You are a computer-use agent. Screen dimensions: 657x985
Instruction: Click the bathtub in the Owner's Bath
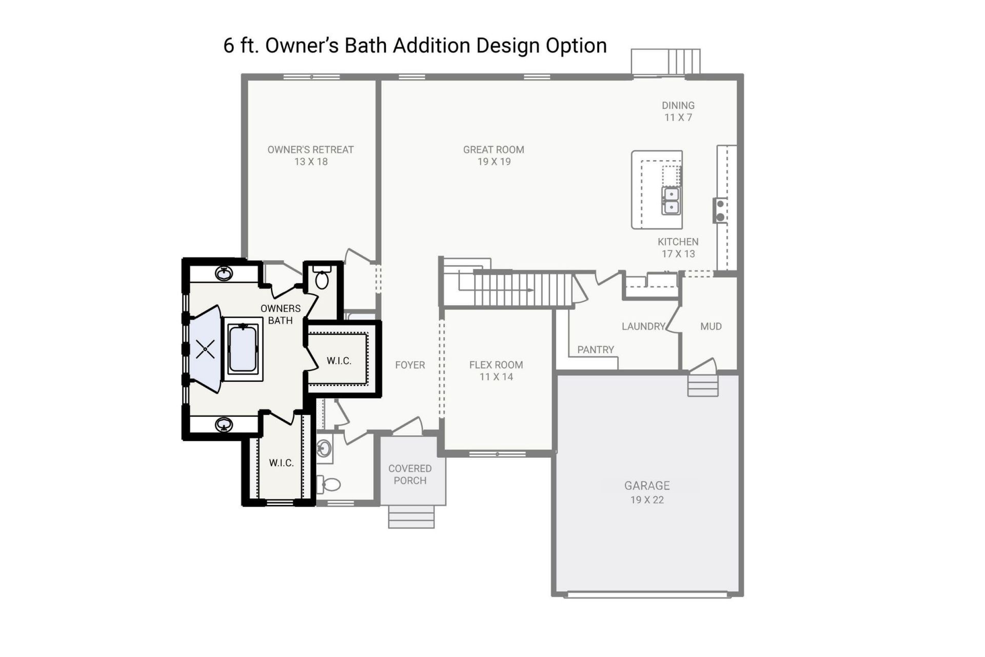click(x=243, y=349)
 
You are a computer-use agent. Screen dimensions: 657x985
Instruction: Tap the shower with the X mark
click(x=205, y=350)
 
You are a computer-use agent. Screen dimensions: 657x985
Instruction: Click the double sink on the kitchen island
click(x=671, y=201)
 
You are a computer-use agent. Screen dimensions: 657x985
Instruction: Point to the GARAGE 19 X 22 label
click(x=647, y=492)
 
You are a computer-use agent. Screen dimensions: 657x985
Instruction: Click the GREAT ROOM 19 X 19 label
click(x=494, y=155)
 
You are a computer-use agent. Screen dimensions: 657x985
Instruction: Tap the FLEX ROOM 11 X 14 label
click(x=496, y=370)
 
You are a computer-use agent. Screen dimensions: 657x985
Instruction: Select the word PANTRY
click(x=595, y=350)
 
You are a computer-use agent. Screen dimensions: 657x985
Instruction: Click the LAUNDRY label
click(x=643, y=326)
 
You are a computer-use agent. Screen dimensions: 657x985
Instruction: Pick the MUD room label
click(x=711, y=326)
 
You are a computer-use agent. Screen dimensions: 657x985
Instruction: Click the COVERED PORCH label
click(x=410, y=474)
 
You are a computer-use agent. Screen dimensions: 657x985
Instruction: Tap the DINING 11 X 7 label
click(x=678, y=111)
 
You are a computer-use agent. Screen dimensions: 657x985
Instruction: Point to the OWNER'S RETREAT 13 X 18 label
click(x=310, y=155)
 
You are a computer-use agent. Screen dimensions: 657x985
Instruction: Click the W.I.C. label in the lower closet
click(x=281, y=463)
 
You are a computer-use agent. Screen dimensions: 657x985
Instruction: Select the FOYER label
click(x=410, y=365)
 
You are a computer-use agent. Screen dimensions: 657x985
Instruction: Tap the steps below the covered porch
click(x=411, y=516)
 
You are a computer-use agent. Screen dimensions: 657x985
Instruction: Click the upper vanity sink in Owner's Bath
click(x=224, y=274)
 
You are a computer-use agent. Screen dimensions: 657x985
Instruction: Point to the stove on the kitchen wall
click(x=720, y=210)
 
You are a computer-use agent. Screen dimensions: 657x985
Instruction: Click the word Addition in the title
click(x=431, y=45)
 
